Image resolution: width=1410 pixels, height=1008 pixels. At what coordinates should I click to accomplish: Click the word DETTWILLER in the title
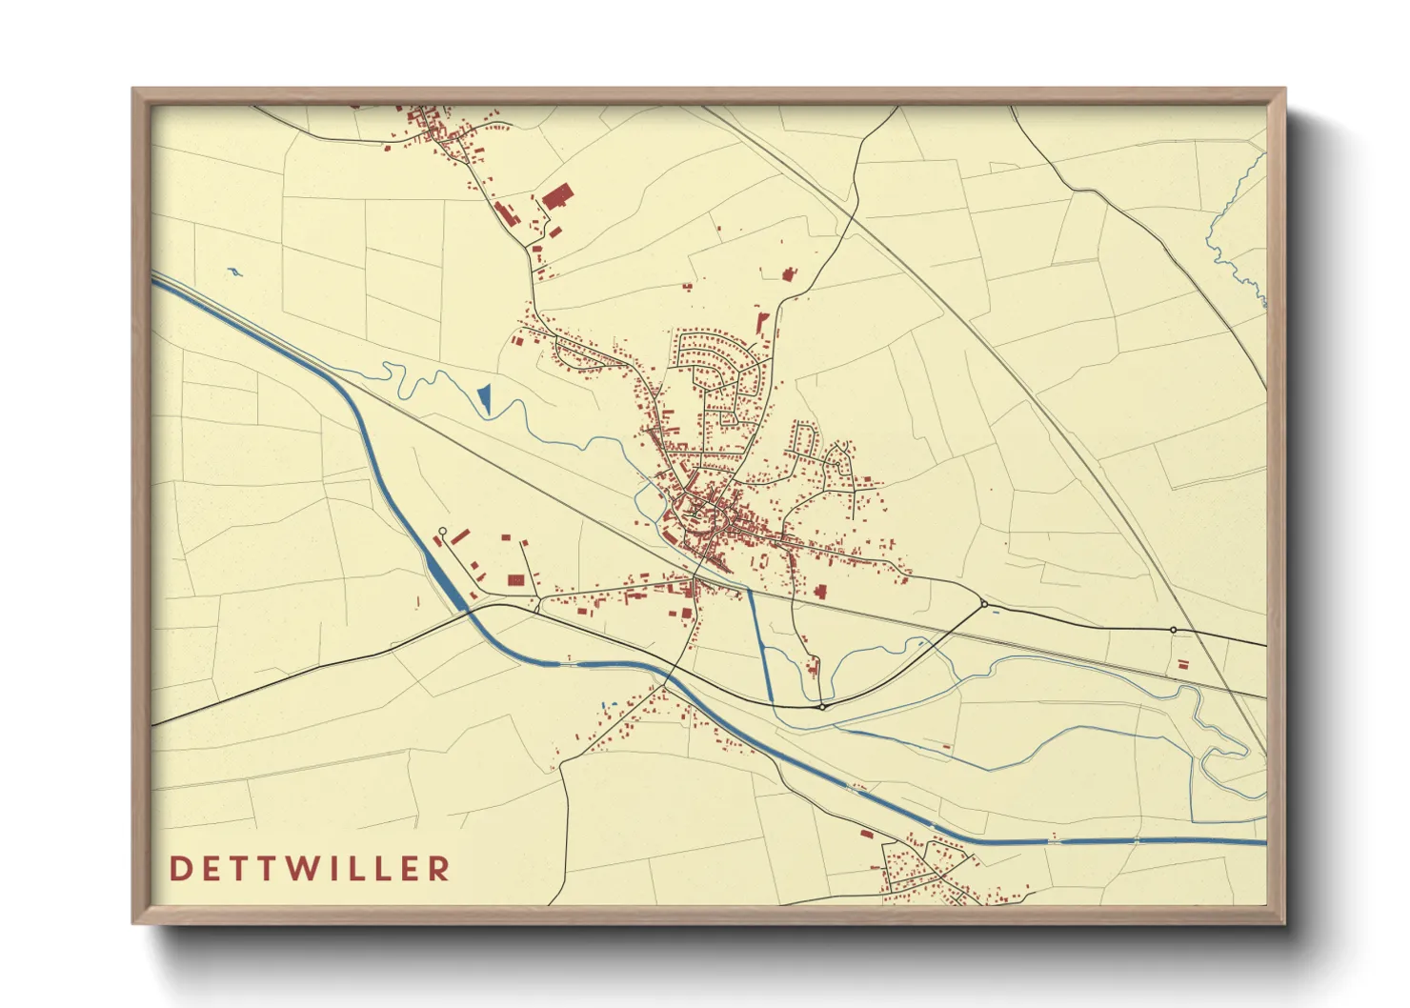pyautogui.click(x=310, y=868)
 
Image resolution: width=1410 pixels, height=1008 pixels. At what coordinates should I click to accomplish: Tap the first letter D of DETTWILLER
pyautogui.click(x=179, y=868)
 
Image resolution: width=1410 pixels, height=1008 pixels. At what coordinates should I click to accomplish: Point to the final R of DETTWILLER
pyautogui.click(x=439, y=868)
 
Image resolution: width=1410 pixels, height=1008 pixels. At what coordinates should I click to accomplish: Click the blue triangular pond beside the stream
pyautogui.click(x=485, y=397)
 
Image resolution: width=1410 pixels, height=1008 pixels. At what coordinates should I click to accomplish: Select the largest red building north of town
pyautogui.click(x=557, y=197)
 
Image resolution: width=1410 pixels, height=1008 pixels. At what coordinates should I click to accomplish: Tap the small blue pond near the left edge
pyautogui.click(x=234, y=273)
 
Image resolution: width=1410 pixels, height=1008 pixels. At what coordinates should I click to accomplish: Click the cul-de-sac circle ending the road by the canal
pyautogui.click(x=442, y=531)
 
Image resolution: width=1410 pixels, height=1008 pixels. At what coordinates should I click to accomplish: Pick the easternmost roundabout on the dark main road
pyautogui.click(x=1173, y=629)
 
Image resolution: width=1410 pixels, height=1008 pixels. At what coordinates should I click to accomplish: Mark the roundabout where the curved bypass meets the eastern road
pyautogui.click(x=983, y=603)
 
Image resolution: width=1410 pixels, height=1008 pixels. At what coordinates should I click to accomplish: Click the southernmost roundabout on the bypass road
pyautogui.click(x=821, y=707)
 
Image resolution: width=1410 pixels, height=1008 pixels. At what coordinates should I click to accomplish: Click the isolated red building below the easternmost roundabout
pyautogui.click(x=1183, y=663)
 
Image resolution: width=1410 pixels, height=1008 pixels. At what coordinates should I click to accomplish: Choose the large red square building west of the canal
pyautogui.click(x=515, y=579)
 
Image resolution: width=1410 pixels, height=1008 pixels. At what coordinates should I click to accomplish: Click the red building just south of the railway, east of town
pyautogui.click(x=819, y=592)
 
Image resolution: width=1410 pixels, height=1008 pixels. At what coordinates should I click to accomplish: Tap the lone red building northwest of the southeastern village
pyautogui.click(x=866, y=834)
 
